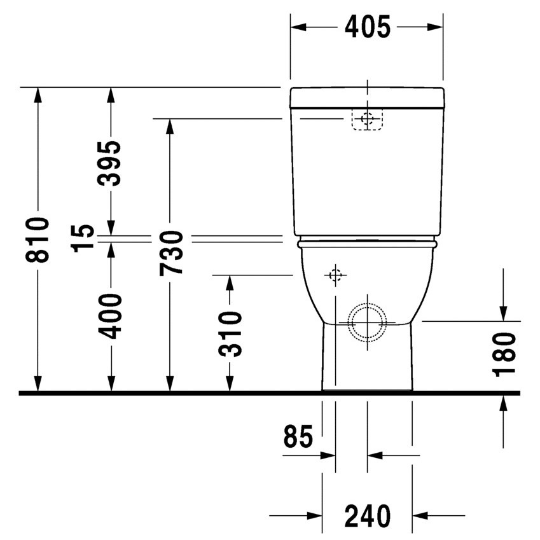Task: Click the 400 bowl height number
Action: pyautogui.click(x=111, y=316)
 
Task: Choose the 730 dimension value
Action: pyautogui.click(x=170, y=253)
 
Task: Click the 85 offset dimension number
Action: pyautogui.click(x=298, y=437)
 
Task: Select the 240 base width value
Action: pyautogui.click(x=367, y=515)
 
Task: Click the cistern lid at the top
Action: pyautogui.click(x=367, y=97)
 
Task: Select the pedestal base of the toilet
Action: pyautogui.click(x=367, y=359)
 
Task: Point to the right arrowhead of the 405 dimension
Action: pyautogui.click(x=435, y=27)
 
